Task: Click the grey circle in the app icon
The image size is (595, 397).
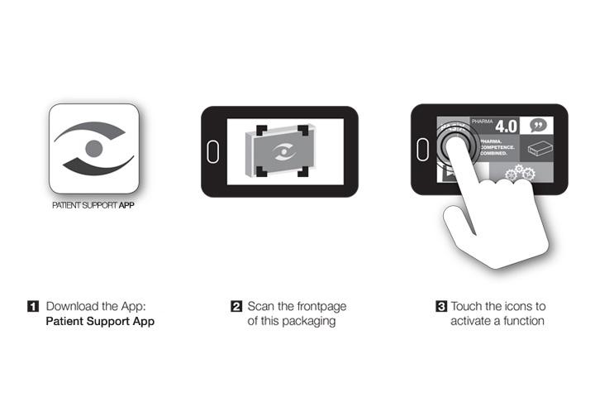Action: coord(94,149)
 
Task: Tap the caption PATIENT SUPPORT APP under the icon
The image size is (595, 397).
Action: coord(93,205)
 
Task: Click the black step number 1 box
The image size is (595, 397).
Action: coord(33,306)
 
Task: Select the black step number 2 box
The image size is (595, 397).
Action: coord(236,306)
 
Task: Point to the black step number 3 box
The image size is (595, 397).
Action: coord(441,306)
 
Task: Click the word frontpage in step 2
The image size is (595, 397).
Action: coord(321,307)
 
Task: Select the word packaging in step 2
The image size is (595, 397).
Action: coord(309,322)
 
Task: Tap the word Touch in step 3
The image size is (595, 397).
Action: coord(466,306)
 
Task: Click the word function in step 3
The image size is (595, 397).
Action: coord(524,321)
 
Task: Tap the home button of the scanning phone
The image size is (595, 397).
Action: coord(213,151)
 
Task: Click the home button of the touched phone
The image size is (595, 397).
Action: coord(422,150)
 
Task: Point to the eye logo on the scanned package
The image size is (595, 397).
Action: coord(283,152)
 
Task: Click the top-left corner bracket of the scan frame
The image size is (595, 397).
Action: coord(261,131)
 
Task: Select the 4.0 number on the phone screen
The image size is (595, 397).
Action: coord(507,126)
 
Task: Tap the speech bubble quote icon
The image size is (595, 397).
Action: coord(538,125)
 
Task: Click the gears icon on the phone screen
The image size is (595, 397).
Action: coord(521,173)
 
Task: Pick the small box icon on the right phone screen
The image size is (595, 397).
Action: coord(540,149)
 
